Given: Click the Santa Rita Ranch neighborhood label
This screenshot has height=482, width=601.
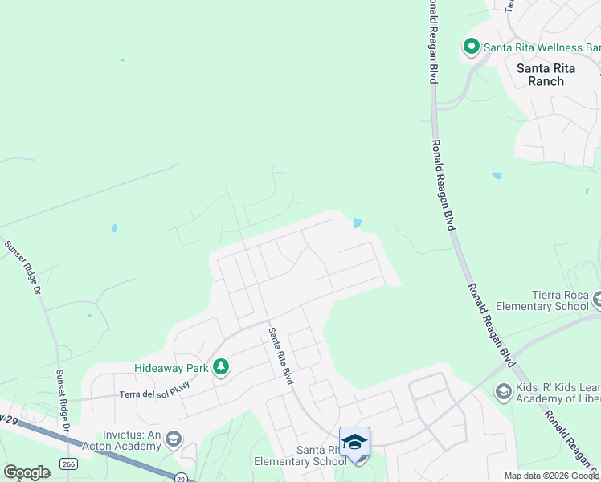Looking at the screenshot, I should (x=551, y=75).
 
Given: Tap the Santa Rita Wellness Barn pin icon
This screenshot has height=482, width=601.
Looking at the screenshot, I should (x=471, y=47).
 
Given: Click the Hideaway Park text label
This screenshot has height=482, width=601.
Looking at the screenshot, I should (x=171, y=368).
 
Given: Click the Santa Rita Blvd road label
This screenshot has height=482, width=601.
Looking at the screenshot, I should (x=279, y=356).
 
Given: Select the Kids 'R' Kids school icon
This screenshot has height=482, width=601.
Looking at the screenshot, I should (x=503, y=391).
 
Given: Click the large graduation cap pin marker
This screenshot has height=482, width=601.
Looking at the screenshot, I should (x=354, y=443).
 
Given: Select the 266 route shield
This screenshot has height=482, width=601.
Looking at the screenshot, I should (x=67, y=464).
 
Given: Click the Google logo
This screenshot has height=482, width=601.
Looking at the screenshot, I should (x=27, y=472).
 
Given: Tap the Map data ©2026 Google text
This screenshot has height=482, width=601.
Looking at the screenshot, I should (x=551, y=476).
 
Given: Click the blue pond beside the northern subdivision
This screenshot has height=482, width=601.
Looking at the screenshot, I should (x=356, y=223).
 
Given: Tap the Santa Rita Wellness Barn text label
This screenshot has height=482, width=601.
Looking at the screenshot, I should (x=542, y=47).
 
